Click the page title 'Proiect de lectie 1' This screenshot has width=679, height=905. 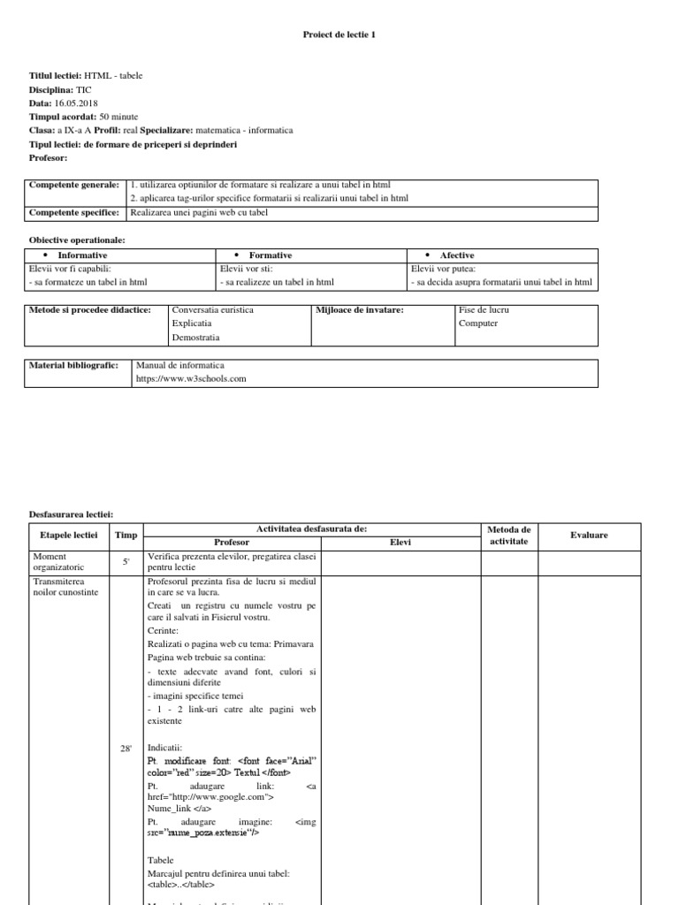point(339,34)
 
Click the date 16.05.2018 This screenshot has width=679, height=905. point(76,103)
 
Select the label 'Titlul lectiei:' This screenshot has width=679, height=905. point(56,76)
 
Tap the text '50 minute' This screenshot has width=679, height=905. point(118,116)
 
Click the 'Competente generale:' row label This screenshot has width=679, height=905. point(73,185)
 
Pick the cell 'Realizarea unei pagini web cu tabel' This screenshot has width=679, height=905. point(199,212)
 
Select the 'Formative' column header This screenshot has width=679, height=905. point(270,255)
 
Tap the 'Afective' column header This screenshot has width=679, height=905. point(456,255)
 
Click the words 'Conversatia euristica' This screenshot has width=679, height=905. point(212,310)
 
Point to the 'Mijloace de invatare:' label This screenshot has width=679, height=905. point(360,310)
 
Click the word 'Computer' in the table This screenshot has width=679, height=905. point(477,323)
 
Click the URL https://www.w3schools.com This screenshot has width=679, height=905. point(190,378)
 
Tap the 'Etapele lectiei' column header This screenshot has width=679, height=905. point(69,535)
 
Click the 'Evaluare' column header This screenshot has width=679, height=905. point(589,535)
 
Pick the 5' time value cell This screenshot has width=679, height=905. point(126,561)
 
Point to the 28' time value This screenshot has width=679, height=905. point(126,749)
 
